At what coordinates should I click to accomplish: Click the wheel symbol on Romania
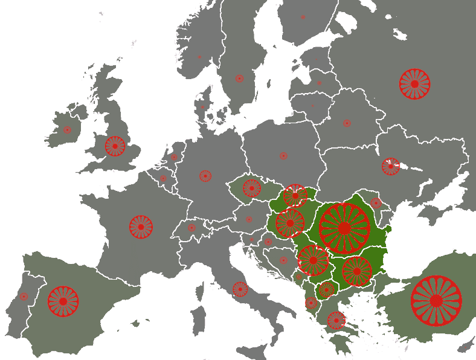[x=344, y=228]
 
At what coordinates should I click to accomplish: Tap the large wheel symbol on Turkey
[x=436, y=300]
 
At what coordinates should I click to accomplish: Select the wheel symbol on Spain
[x=63, y=301]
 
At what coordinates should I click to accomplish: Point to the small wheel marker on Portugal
[x=24, y=297]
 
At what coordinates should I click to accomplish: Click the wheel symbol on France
[x=141, y=227]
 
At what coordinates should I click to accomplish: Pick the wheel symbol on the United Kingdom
[x=115, y=146]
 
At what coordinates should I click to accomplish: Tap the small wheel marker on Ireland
[x=67, y=130]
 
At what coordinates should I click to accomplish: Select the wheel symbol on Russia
[x=414, y=84]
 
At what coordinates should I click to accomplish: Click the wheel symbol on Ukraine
[x=391, y=167]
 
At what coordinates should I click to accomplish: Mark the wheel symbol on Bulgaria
[x=356, y=271]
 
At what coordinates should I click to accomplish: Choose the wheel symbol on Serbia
[x=313, y=260]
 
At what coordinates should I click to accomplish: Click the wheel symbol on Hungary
[x=290, y=223]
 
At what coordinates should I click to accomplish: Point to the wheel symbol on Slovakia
[x=295, y=195]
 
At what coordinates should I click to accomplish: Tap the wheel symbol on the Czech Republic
[x=252, y=188]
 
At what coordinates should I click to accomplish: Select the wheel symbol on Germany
[x=205, y=176]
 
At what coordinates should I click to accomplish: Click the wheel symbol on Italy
[x=240, y=289]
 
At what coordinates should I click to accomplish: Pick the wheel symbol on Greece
[x=336, y=320]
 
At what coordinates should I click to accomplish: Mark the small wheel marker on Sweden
[x=239, y=79]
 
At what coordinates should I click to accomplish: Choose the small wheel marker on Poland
[x=283, y=156]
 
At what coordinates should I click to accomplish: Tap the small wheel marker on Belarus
[x=347, y=123]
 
